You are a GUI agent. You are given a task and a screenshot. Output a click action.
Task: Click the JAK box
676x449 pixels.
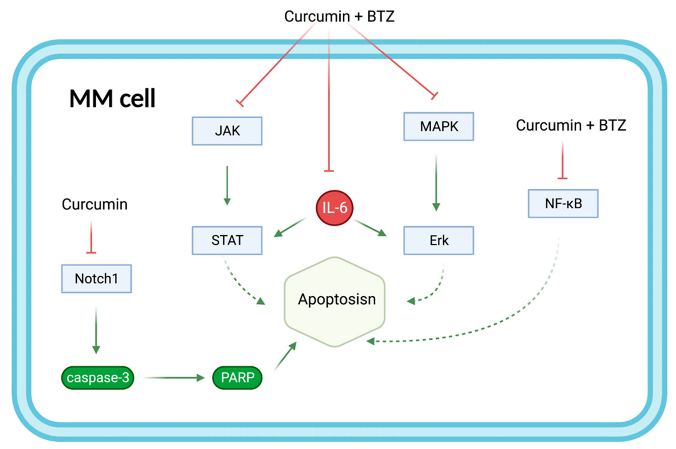(x=227, y=131)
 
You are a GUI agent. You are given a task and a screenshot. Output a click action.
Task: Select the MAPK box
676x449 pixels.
(x=439, y=126)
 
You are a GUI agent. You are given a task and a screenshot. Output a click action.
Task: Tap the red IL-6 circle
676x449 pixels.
(x=334, y=208)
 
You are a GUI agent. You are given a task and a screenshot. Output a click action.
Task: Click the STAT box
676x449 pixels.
(x=227, y=240)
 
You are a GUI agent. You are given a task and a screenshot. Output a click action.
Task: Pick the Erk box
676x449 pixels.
(x=439, y=240)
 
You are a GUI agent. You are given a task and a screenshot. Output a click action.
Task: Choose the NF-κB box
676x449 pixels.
(x=563, y=204)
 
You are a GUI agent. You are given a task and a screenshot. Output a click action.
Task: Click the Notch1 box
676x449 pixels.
(x=96, y=279)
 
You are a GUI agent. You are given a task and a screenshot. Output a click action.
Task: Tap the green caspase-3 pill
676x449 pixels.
(x=98, y=378)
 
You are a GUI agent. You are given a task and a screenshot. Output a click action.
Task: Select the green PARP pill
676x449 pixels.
(x=237, y=378)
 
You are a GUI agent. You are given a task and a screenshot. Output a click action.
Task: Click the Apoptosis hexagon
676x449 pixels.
(x=334, y=302)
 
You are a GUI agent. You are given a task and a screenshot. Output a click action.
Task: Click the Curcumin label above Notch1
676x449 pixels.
(x=95, y=204)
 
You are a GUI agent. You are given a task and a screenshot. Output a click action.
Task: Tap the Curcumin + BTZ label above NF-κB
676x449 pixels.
(x=571, y=125)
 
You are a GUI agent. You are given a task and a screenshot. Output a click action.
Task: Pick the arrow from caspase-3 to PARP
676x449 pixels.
(x=173, y=378)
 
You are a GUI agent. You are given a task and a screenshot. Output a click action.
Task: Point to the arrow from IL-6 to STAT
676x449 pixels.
(x=289, y=227)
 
